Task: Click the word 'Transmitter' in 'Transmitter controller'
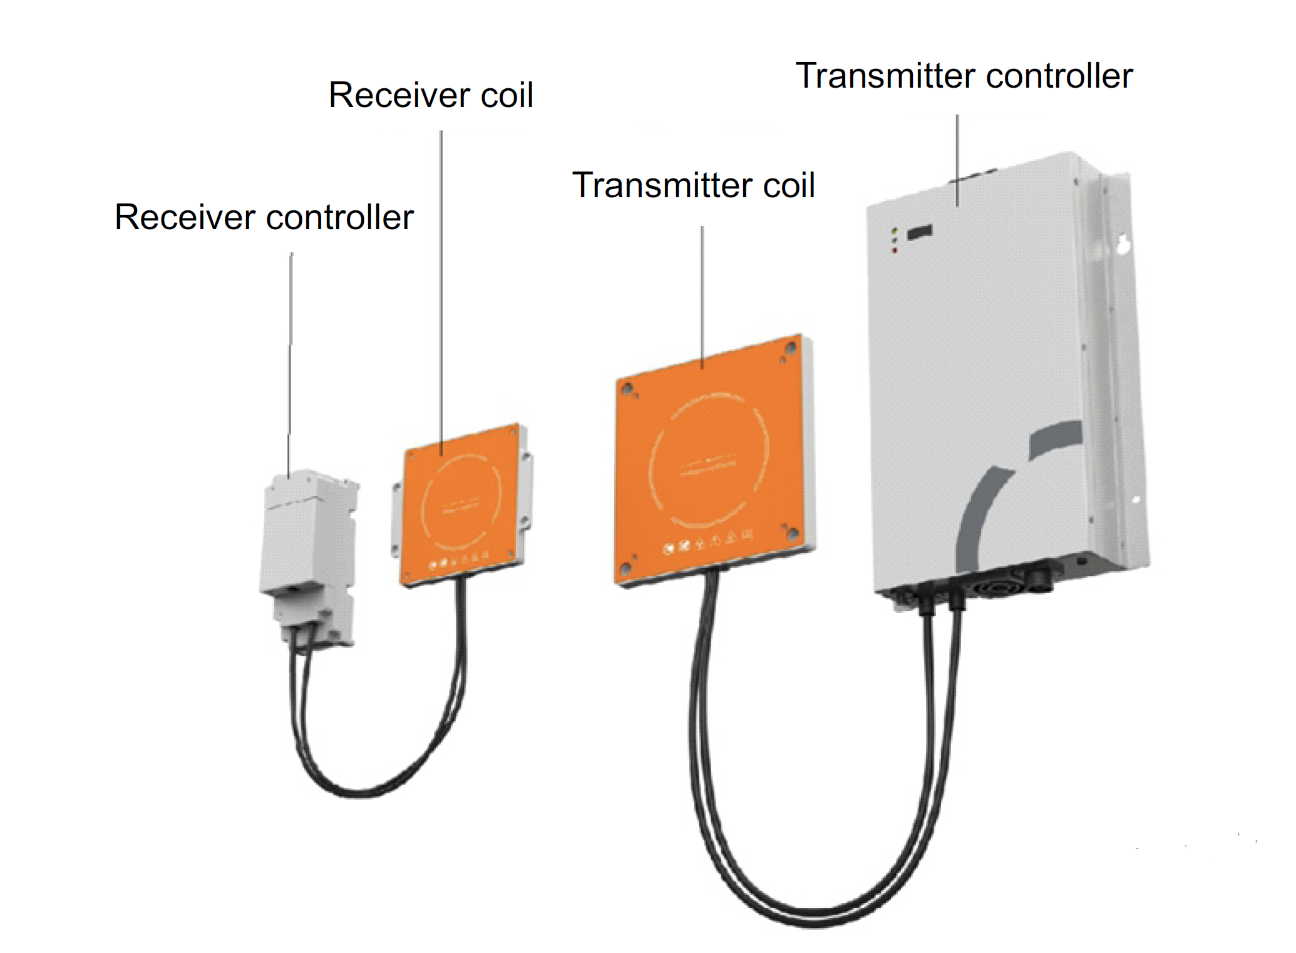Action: tap(883, 76)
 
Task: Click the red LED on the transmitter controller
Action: tap(895, 250)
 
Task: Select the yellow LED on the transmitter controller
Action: tap(895, 231)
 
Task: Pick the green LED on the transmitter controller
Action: tap(895, 240)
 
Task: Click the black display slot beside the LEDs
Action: tap(920, 232)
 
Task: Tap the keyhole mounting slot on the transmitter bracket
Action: tap(1123, 245)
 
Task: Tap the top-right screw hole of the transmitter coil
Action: tap(791, 346)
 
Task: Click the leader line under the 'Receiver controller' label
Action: tap(291, 363)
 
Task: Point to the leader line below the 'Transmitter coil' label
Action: tap(702, 294)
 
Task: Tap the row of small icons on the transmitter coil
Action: tap(707, 542)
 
